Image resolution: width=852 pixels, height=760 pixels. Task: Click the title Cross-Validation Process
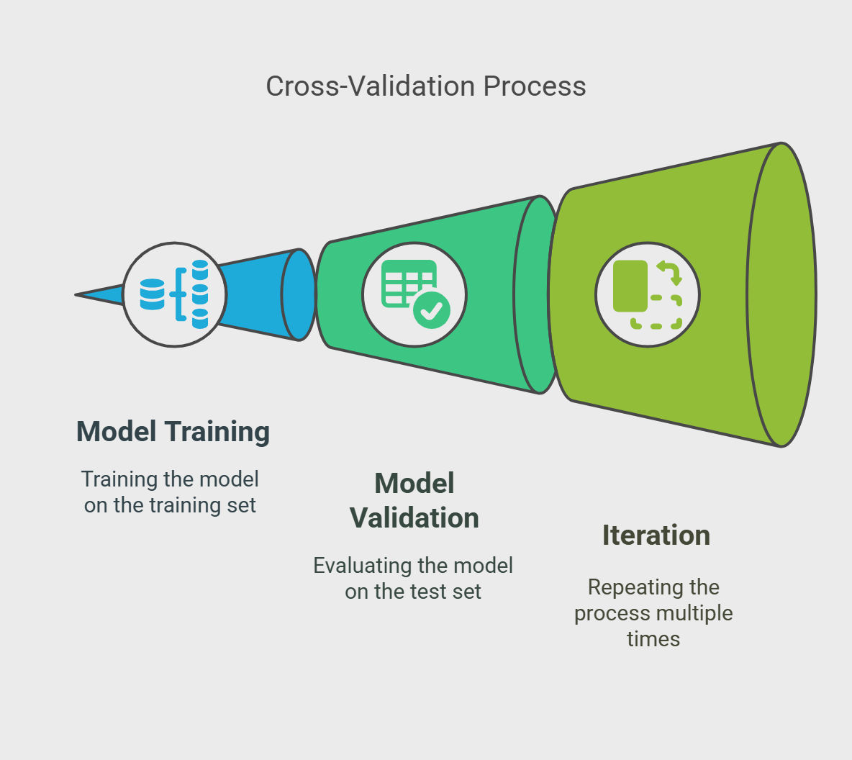tap(425, 86)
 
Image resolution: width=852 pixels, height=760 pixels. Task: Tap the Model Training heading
tap(173, 432)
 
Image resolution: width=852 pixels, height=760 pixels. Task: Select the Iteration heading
tap(656, 535)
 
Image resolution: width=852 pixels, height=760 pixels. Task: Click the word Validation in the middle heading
tap(414, 517)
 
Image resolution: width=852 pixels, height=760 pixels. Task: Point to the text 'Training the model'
tap(170, 479)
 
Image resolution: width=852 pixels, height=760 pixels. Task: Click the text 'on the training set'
tap(170, 505)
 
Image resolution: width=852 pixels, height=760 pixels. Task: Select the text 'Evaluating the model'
tap(413, 566)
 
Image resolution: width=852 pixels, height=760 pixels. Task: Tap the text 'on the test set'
tap(413, 592)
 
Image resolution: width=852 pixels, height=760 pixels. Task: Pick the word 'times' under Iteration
tap(653, 639)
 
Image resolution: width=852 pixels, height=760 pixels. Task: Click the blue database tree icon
tap(174, 294)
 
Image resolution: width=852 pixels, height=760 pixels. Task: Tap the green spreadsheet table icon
tap(409, 284)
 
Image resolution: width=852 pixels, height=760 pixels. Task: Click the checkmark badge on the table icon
tap(432, 310)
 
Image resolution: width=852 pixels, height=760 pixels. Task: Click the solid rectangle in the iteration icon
tap(630, 286)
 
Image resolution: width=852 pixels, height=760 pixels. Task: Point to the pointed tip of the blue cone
tap(76, 294)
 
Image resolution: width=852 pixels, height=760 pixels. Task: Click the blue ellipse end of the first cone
tap(299, 294)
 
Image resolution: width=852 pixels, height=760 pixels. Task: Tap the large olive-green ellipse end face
tap(781, 294)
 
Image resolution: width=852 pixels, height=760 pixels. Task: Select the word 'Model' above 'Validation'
tap(414, 484)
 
